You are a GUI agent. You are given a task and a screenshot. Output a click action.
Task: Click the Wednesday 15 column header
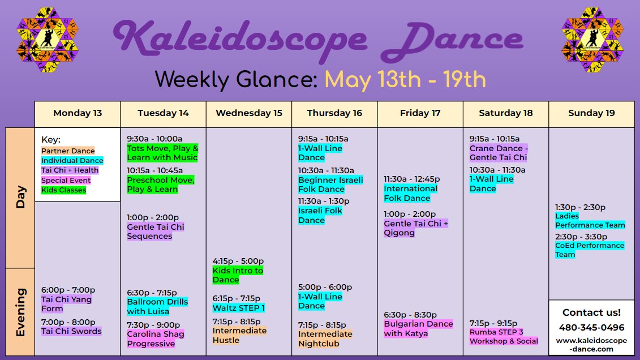249,113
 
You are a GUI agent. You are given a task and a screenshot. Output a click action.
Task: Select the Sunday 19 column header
591,113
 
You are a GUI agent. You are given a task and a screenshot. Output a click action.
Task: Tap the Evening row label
20,312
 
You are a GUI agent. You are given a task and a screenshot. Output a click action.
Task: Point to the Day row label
20,197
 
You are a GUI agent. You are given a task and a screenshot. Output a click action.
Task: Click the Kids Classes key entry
64,190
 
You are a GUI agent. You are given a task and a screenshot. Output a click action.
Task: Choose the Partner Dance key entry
68,151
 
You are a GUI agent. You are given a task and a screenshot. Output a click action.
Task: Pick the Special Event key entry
66,180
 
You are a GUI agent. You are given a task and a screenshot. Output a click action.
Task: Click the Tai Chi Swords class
71,331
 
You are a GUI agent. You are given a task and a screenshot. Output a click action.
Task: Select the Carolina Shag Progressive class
156,339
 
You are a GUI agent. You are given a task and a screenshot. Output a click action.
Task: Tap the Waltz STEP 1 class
238,308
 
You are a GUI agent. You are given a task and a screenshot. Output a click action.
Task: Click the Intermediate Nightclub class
325,339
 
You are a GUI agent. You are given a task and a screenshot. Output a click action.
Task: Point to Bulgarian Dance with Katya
418,328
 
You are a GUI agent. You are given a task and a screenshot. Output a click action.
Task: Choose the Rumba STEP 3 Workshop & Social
504,336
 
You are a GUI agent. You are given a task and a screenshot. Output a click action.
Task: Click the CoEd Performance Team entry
590,250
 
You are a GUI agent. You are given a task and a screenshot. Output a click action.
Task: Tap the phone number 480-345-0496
591,327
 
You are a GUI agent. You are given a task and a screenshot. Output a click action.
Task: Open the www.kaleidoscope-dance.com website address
591,345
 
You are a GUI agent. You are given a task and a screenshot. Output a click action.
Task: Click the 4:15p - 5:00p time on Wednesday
238,261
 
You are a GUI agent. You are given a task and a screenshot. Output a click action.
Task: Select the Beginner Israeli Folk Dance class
330,185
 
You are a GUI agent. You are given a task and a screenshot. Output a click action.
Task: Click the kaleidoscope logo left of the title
48,40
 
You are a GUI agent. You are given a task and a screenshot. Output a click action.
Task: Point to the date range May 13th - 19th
405,79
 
